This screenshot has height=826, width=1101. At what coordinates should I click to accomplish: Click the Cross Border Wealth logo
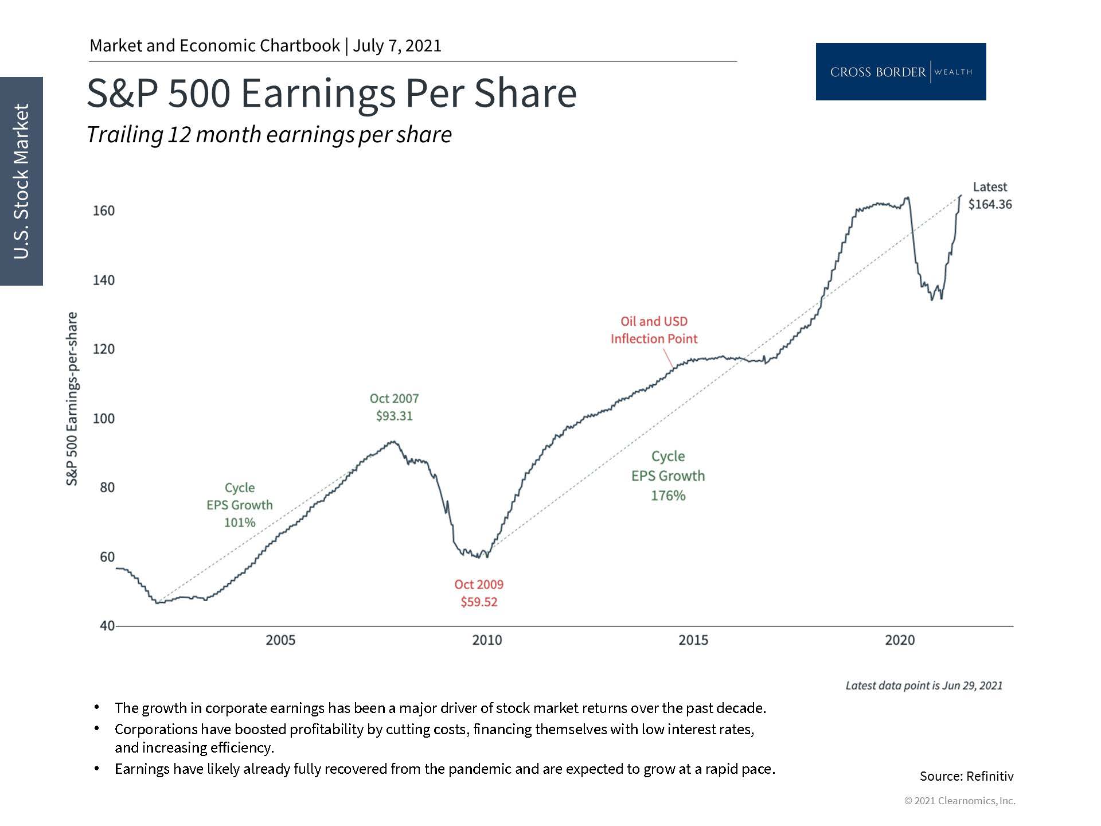tap(900, 72)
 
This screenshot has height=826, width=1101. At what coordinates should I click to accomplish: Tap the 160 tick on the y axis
tap(104, 211)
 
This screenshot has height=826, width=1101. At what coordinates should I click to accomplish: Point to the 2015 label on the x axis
tap(693, 640)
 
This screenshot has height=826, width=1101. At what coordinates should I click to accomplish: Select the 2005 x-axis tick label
tap(280, 640)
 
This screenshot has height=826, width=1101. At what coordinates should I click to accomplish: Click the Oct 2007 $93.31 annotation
tap(394, 407)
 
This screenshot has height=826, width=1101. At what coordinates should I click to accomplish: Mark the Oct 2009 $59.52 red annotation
tap(479, 593)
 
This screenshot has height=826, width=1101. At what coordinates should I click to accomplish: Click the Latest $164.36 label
tap(990, 196)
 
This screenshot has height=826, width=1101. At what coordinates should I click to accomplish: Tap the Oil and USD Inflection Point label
tap(654, 330)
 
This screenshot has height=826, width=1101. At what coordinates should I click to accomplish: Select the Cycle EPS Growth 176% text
tap(668, 476)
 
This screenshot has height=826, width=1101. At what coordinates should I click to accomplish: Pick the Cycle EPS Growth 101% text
tap(240, 505)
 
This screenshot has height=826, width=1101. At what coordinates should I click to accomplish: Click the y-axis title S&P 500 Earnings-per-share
tap(72, 399)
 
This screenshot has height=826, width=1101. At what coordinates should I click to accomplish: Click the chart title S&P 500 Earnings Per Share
tap(331, 93)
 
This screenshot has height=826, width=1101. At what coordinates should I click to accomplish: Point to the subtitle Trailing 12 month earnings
tap(269, 135)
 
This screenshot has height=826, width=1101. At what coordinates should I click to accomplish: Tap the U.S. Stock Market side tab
tap(21, 181)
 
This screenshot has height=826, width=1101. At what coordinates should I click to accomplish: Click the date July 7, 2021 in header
tap(397, 46)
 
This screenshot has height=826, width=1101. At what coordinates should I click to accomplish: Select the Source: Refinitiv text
tap(966, 776)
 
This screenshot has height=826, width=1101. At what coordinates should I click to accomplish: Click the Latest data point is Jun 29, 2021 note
tap(924, 685)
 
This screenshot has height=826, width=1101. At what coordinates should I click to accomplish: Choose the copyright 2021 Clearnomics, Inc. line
tap(959, 801)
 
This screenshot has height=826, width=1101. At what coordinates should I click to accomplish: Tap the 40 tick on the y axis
tap(107, 626)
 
